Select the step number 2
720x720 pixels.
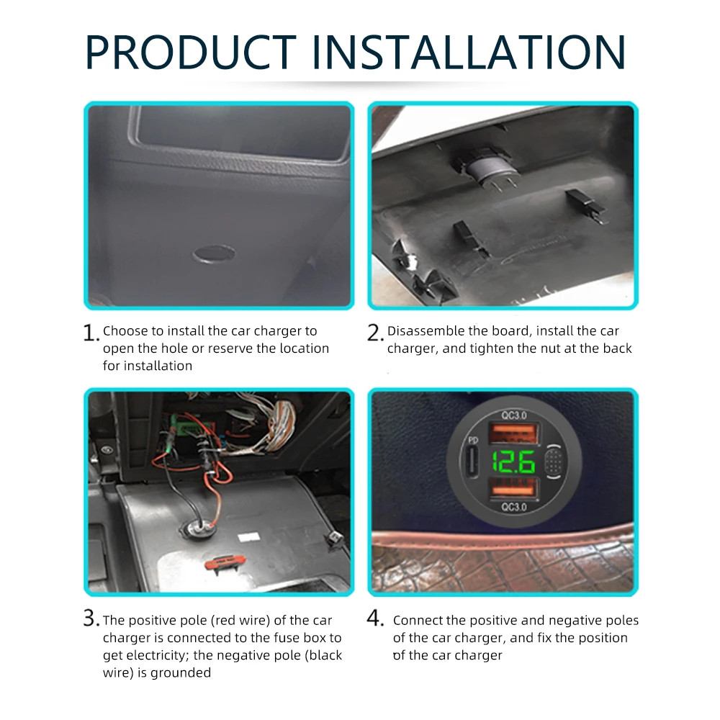coord(374,333)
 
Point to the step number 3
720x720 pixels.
coord(91,618)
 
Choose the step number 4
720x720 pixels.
coord(375,618)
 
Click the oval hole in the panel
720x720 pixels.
coord(214,253)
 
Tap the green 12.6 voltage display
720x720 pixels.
coord(513,462)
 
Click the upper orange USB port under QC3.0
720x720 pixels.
coord(513,434)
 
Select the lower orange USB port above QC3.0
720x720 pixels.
coord(513,488)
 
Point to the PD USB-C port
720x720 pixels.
coord(472,462)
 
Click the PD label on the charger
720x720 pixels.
coord(473,441)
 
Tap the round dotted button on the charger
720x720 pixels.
coord(554,462)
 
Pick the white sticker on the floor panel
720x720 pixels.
coord(249,537)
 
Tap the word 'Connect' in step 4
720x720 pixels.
coord(418,621)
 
